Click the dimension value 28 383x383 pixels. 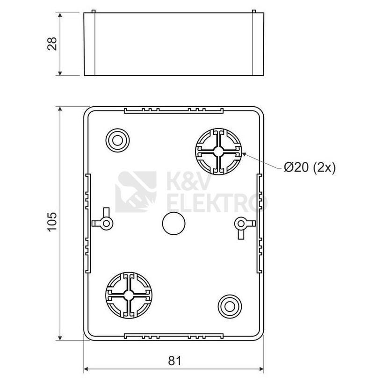click(52, 44)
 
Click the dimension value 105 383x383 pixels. click(52, 222)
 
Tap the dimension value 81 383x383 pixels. click(175, 361)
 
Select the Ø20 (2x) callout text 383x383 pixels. click(310, 167)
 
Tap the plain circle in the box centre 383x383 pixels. click(173, 223)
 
